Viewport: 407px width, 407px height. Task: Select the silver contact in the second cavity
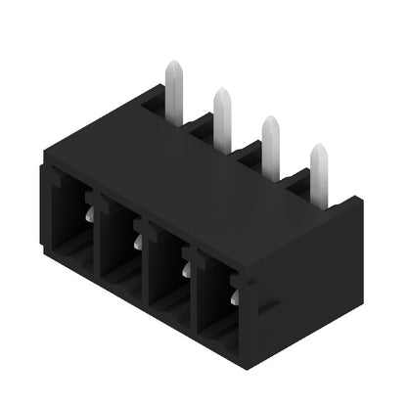coord(138,239)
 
